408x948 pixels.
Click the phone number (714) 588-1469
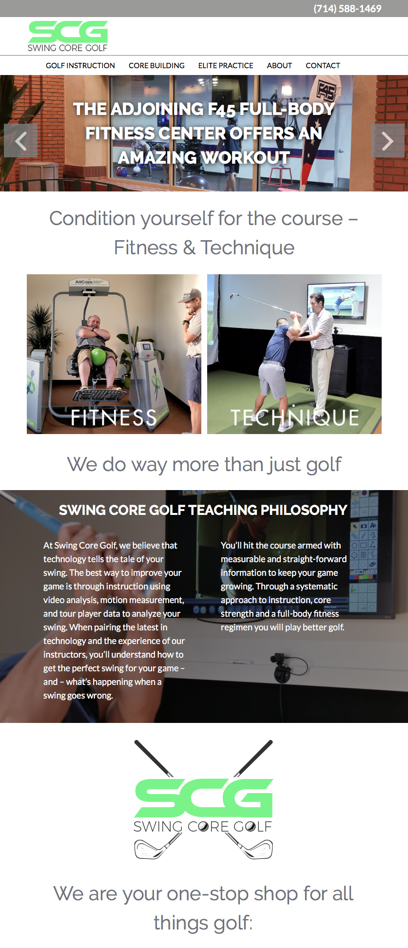pos(347,9)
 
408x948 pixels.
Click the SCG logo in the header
pos(68,36)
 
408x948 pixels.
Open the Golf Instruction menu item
pos(80,66)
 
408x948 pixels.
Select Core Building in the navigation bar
pos(156,66)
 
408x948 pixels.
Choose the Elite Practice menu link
pos(226,66)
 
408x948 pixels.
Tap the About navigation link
pos(279,66)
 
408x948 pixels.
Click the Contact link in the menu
pos(323,66)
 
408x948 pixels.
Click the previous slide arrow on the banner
pos(20,141)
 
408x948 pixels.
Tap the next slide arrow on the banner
pos(388,141)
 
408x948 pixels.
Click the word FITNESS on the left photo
pos(114,417)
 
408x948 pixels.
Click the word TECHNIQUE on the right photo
pos(294,417)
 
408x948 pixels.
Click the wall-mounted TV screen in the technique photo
pos(336,302)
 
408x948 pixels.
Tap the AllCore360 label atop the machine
pos(88,282)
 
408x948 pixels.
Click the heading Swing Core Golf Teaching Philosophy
pos(203,510)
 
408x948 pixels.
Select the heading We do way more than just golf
pos(204,464)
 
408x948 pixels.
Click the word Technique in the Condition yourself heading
pos(248,247)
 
